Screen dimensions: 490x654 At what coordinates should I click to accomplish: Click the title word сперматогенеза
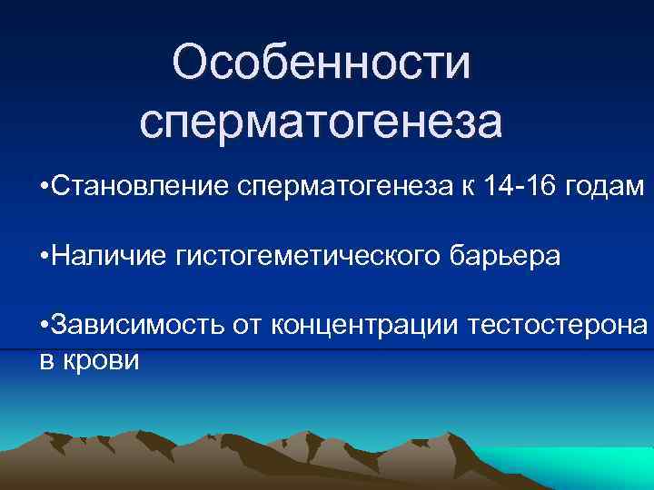point(321,122)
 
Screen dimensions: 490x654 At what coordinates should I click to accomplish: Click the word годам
point(606,187)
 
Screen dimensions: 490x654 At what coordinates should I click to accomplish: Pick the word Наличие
point(107,257)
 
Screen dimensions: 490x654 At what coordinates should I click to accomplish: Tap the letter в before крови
point(45,360)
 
